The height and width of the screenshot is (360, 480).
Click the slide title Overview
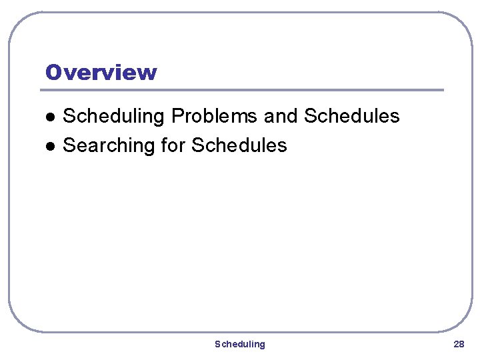(101, 72)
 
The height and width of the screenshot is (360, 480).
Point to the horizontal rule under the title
(244, 90)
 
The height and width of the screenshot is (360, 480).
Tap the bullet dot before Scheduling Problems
(49, 117)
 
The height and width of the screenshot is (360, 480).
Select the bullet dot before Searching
(49, 146)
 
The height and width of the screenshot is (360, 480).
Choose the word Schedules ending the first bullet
(351, 117)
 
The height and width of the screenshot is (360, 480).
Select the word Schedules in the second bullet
(239, 145)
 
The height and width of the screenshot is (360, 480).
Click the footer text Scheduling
(239, 344)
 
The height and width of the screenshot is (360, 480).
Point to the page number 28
(459, 344)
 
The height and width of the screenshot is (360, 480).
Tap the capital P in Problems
(177, 117)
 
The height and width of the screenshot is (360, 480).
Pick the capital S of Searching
(68, 145)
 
